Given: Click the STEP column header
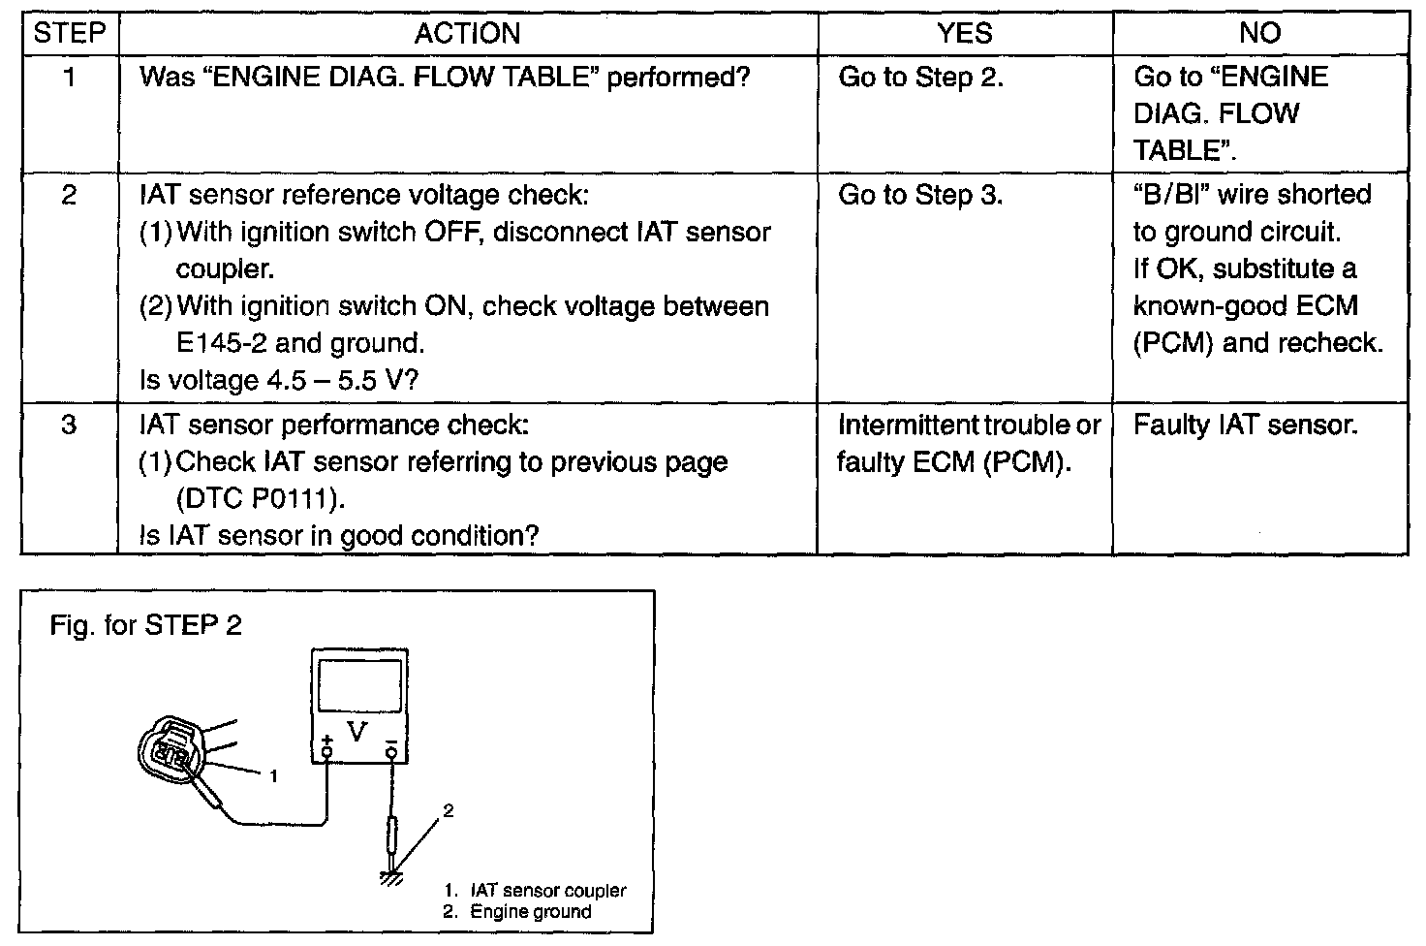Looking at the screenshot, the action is pos(70,33).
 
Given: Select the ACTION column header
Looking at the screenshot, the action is pos(467,33).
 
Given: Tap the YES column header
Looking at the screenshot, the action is pos(965,33).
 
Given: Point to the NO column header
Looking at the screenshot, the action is pos(1259,33).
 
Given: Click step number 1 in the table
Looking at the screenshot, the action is pos(70,78).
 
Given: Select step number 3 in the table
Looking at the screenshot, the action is pos(69,425).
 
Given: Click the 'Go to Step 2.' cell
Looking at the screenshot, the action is pos(920,78).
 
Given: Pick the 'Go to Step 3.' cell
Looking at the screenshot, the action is pos(920,195).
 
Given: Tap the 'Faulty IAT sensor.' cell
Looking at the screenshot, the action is pos(1246,425).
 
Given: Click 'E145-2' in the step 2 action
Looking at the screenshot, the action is pos(221,343).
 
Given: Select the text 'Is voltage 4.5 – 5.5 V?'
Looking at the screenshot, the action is pos(279,380).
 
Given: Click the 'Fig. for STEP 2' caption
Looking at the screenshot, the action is pos(145,625).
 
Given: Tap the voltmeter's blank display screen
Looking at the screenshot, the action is pos(359,685).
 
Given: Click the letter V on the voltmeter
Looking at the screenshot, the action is pos(357,732).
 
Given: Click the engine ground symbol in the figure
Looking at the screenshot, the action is pos(391,878).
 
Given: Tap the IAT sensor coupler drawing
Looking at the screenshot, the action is pos(170,749).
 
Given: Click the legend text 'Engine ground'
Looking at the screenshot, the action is pos(530,912).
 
